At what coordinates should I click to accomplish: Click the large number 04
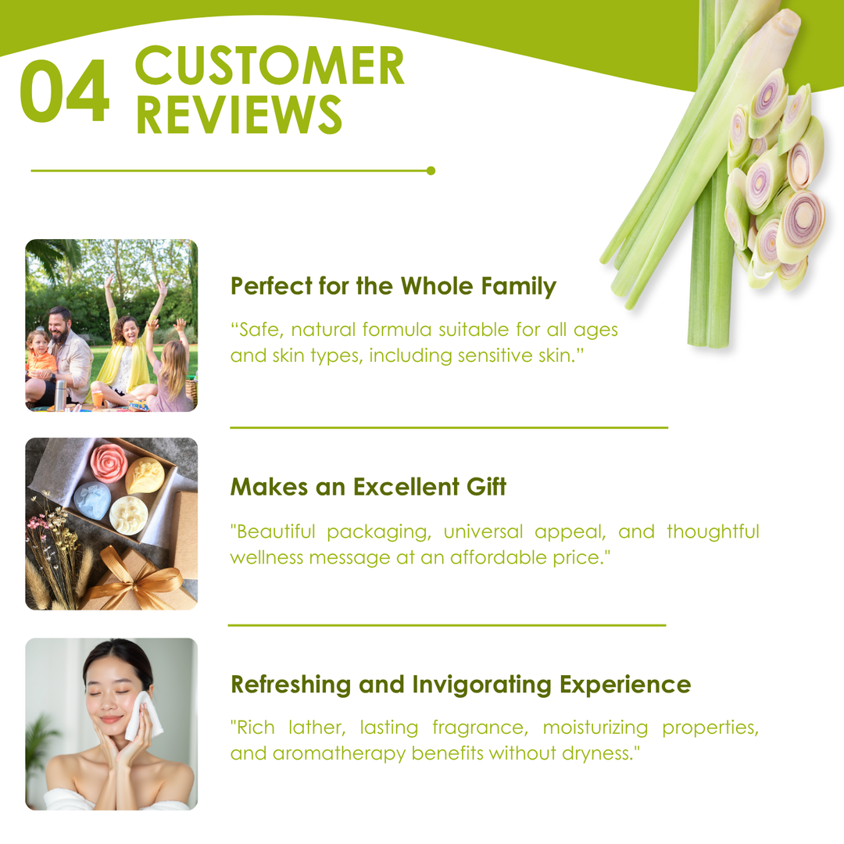(65, 91)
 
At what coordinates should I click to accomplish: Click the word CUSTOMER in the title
(270, 65)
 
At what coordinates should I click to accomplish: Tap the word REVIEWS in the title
(239, 114)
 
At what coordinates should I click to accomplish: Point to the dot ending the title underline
(431, 170)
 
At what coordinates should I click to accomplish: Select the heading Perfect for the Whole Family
(393, 286)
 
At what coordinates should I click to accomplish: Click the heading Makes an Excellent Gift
(368, 487)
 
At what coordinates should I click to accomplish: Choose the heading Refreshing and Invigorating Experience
(461, 685)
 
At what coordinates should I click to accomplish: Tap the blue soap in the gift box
(92, 501)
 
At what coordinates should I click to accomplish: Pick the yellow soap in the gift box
(145, 475)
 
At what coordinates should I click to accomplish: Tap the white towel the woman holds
(142, 715)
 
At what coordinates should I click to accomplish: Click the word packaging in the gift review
(379, 532)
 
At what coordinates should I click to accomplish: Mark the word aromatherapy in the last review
(338, 753)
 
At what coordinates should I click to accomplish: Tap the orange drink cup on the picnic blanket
(98, 399)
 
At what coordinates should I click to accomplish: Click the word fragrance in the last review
(480, 728)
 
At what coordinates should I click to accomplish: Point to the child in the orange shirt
(40, 356)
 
